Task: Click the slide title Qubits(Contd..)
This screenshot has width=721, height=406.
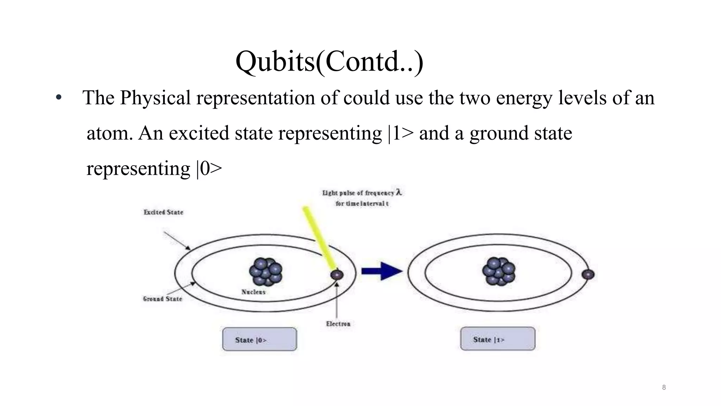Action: [x=329, y=61]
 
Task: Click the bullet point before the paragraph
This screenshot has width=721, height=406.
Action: [x=59, y=98]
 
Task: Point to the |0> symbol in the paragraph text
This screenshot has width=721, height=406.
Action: [x=209, y=168]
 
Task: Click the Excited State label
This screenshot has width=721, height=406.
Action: [x=163, y=212]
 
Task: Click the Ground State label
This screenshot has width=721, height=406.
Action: [x=162, y=299]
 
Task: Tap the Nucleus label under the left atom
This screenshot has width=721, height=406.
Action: [x=253, y=292]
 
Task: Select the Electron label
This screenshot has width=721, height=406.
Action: [x=338, y=324]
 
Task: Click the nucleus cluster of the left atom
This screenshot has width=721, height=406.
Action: [x=266, y=272]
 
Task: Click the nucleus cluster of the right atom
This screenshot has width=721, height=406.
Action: [x=499, y=271]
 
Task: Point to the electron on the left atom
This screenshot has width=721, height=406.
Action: [x=337, y=275]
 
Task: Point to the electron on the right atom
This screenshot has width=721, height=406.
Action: [x=588, y=275]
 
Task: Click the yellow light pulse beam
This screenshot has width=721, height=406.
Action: [x=320, y=238]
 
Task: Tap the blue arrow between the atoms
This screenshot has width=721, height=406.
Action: [x=382, y=271]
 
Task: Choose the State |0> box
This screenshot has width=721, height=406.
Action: [x=259, y=339]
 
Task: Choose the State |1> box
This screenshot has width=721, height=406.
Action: [x=497, y=339]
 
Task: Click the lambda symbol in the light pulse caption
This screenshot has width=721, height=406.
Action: [x=399, y=192]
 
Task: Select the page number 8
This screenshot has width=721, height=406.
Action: [x=664, y=387]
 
